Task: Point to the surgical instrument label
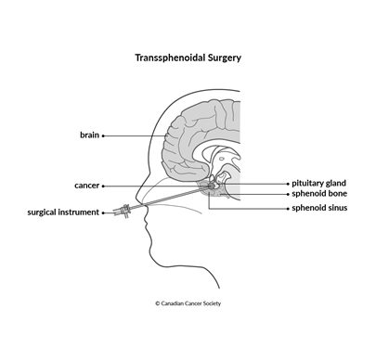[x=63, y=212]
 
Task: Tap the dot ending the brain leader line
[x=103, y=135]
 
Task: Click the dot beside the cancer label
[x=103, y=186]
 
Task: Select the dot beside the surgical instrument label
[x=103, y=212]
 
